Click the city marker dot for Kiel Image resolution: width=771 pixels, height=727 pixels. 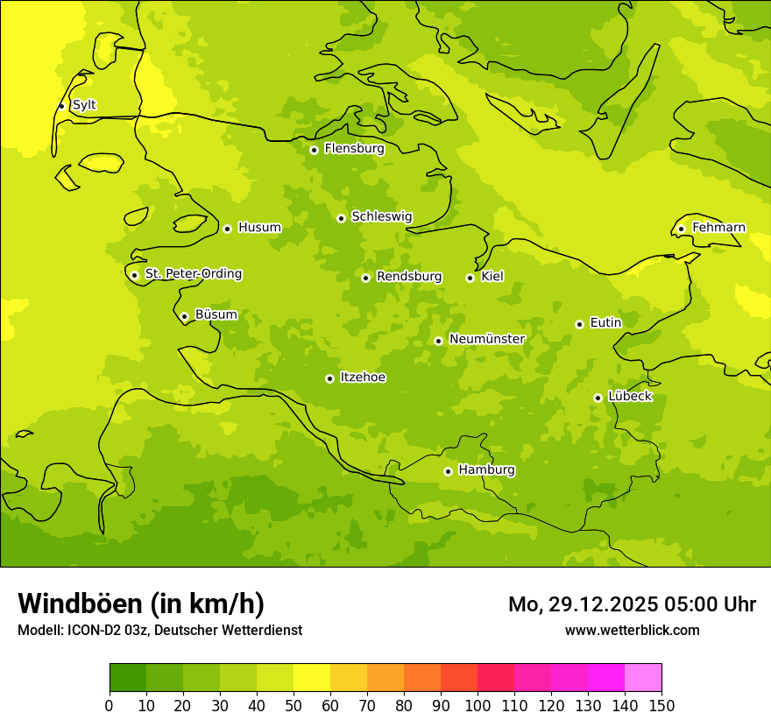coord(470,278)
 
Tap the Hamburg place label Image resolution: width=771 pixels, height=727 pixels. coord(486,470)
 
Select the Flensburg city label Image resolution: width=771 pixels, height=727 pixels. coord(354,149)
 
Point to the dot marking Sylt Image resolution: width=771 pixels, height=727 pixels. coord(61,106)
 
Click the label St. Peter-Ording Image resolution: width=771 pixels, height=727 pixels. coord(193,274)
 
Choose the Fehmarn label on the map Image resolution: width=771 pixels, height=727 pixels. coord(718,228)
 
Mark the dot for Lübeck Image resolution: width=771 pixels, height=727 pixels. coord(598,398)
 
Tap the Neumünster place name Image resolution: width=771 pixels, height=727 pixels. coord(486,339)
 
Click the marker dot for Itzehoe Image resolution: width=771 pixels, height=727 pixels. coord(329,378)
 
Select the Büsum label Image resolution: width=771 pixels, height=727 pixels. coord(216,314)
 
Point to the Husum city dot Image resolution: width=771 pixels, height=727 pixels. coord(227,229)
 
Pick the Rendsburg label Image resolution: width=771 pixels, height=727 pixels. coord(408,277)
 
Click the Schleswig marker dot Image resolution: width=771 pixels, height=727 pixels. coord(341,218)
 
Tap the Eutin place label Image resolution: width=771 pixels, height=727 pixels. coord(605,323)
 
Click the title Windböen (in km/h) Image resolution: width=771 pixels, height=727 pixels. coord(141,603)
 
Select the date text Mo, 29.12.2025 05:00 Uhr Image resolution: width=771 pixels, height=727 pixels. coord(632,604)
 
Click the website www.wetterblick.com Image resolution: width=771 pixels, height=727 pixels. coord(632,630)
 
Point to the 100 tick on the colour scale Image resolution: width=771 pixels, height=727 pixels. coord(477,705)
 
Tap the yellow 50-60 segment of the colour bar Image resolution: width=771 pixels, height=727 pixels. coord(312,678)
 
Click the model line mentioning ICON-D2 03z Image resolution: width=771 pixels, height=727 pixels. coord(159,630)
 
